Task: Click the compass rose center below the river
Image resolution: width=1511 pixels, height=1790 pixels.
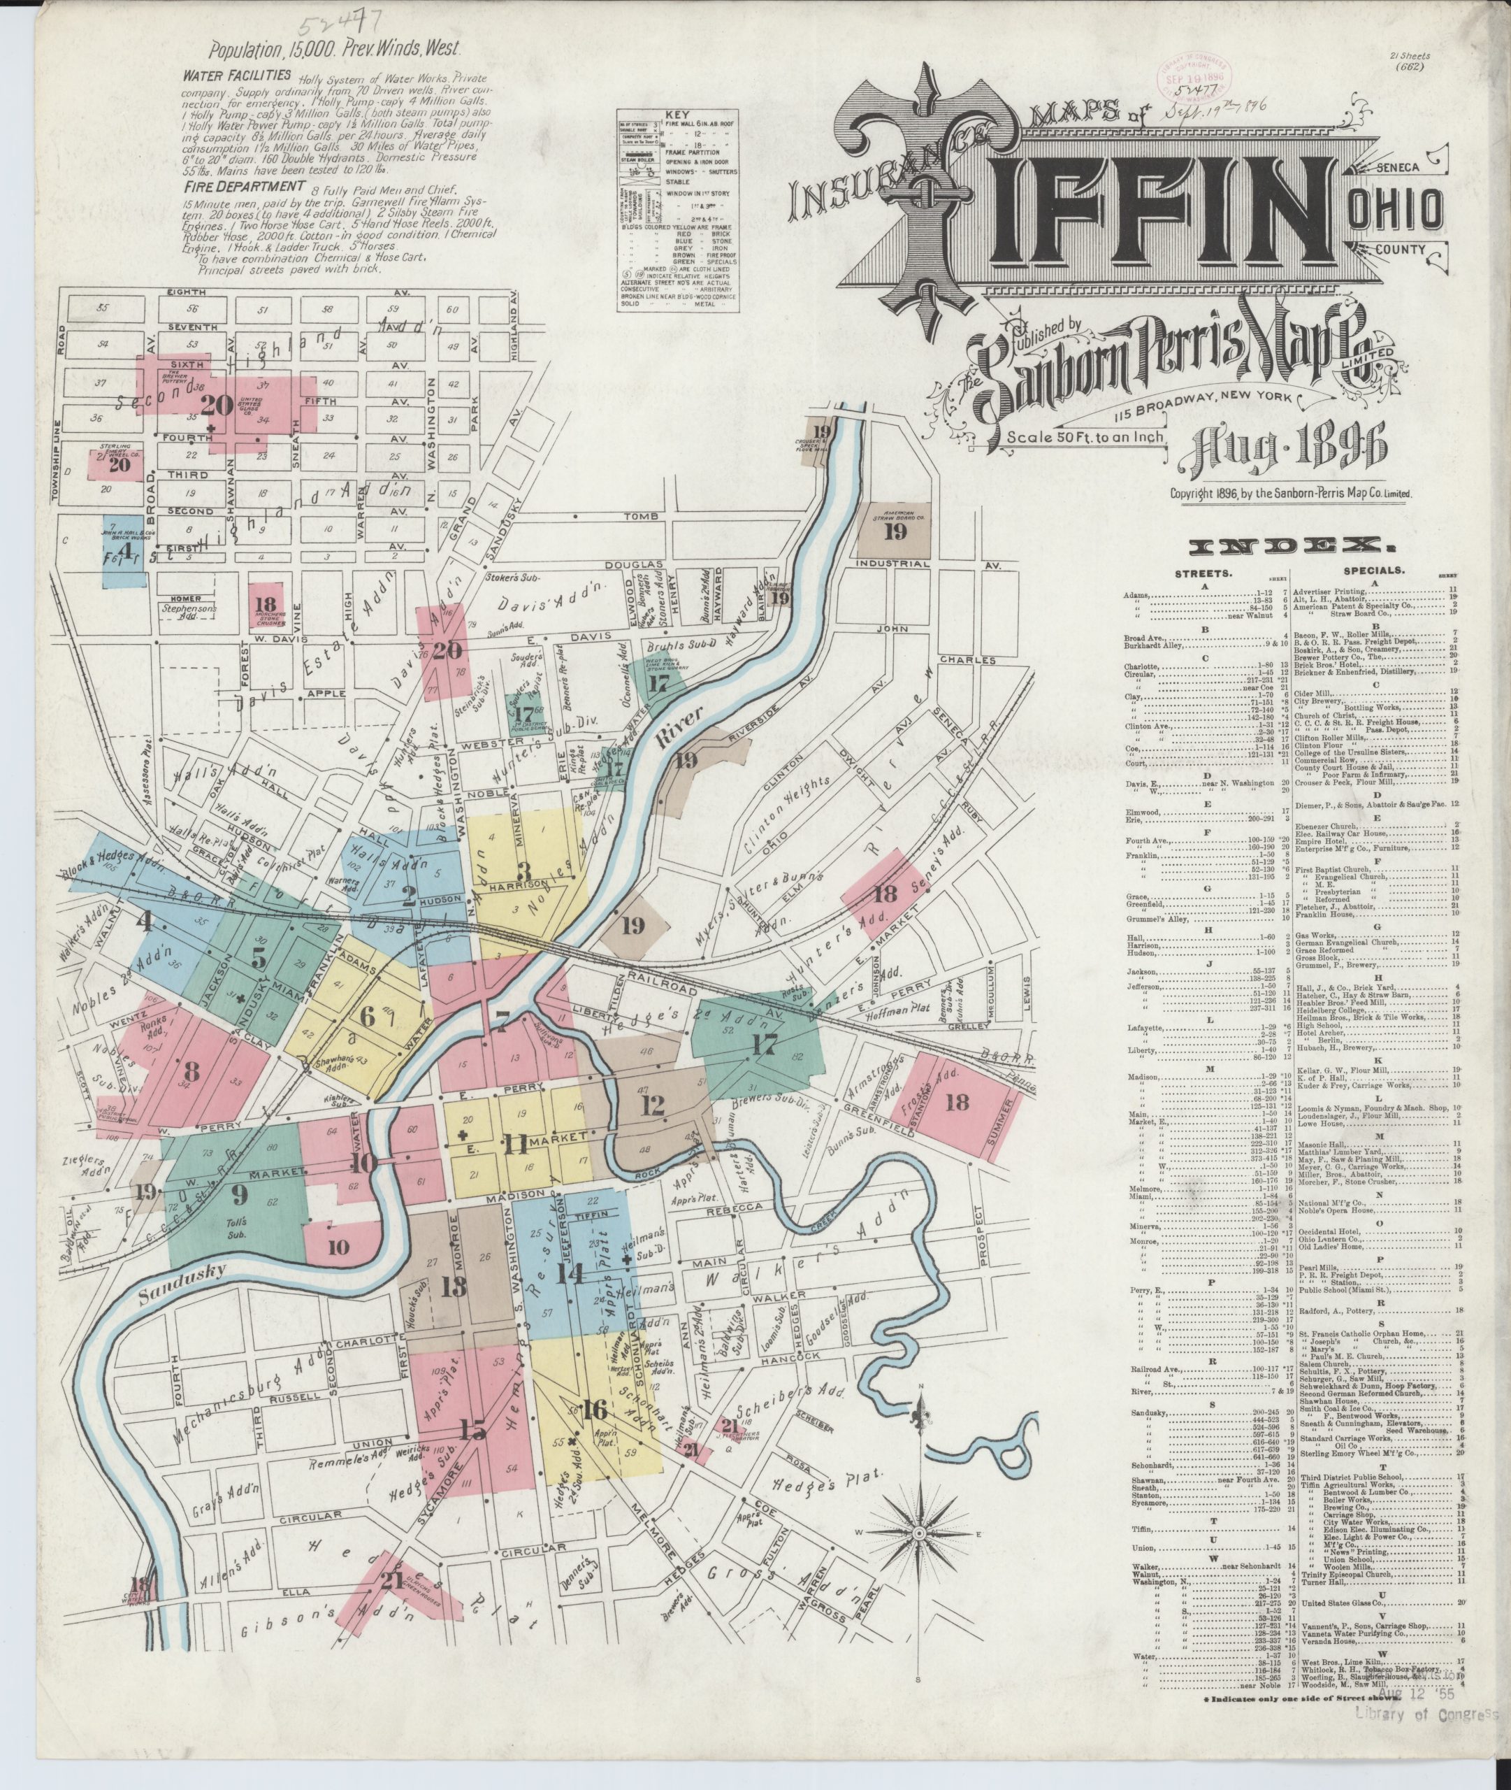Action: tap(918, 1531)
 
